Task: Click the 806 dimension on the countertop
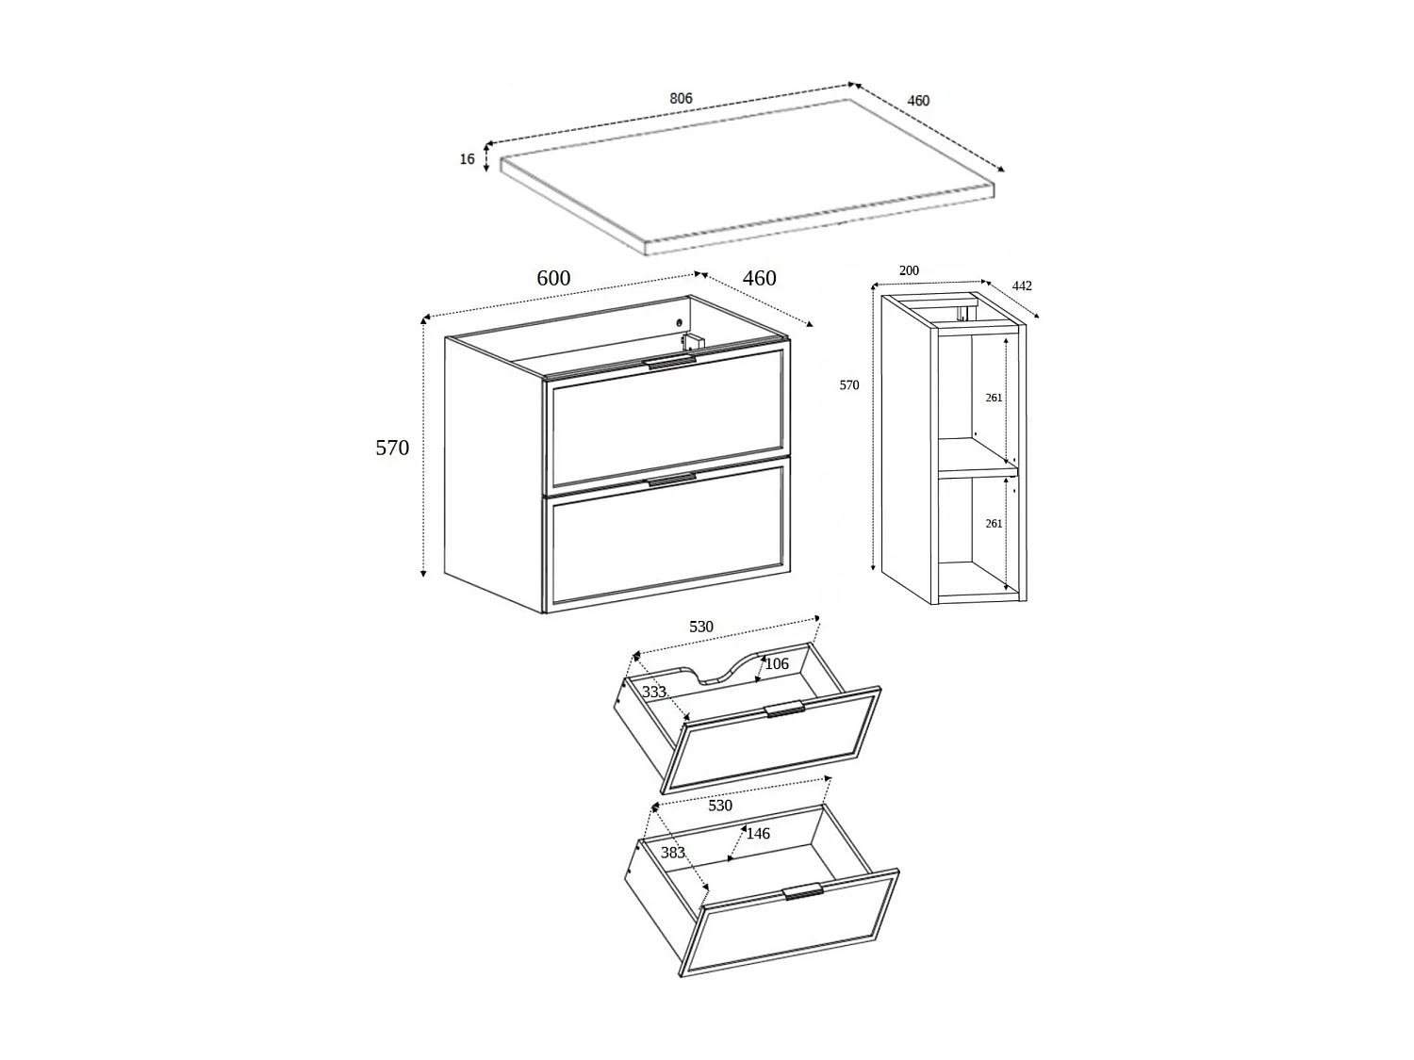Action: point(681,98)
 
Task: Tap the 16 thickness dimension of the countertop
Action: point(468,159)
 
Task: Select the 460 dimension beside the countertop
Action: point(917,101)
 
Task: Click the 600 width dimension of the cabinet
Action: point(553,278)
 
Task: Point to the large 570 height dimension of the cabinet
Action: point(392,448)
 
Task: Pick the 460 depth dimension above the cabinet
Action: point(759,278)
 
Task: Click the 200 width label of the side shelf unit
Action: point(909,270)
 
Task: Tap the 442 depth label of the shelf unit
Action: point(1022,285)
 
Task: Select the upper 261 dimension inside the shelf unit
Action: point(994,398)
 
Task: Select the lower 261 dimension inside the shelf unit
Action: point(994,523)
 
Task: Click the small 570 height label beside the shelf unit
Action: point(849,385)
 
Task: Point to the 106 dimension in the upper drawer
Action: point(777,664)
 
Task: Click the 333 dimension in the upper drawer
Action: point(653,692)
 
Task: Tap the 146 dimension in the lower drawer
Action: point(758,833)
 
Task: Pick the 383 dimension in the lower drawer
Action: point(672,853)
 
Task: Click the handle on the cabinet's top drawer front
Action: point(670,361)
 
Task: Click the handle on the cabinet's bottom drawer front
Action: point(671,480)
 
